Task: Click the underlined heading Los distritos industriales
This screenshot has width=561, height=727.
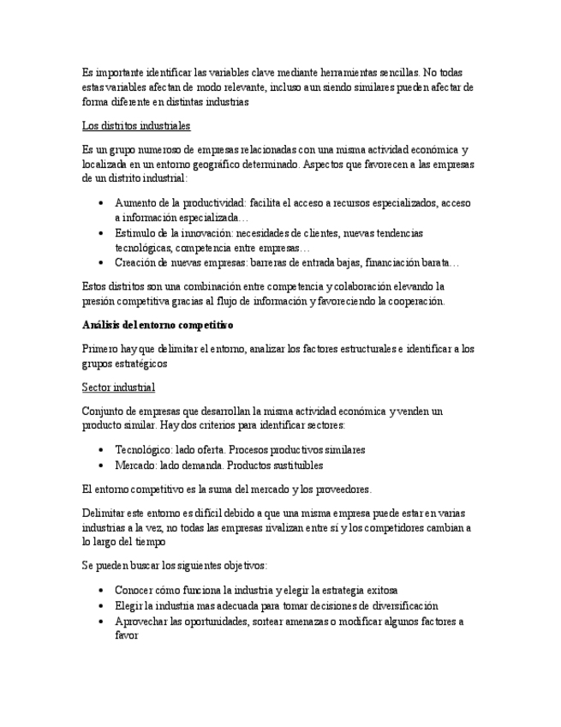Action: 136,126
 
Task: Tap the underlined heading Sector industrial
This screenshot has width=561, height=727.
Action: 118,388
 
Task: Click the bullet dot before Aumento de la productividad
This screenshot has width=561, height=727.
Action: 102,204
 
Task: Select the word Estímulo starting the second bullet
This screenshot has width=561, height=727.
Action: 137,233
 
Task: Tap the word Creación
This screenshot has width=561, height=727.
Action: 137,263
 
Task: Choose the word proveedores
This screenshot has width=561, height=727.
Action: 337,490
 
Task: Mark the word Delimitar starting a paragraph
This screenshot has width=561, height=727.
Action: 105,513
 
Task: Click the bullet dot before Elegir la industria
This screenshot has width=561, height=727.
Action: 102,607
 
